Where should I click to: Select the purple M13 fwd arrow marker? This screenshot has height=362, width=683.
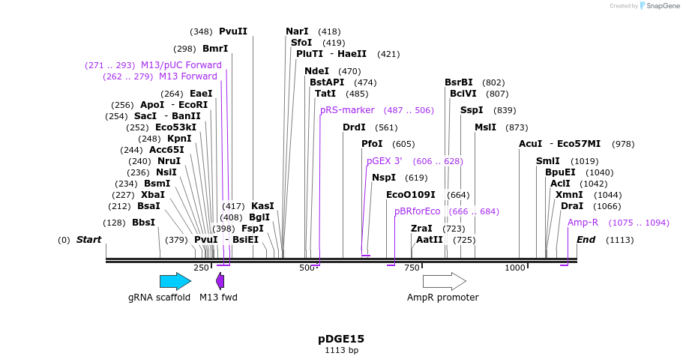(220, 281)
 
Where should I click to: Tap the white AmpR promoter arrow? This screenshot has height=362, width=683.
(444, 281)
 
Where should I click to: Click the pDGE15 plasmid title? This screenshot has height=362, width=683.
(341, 339)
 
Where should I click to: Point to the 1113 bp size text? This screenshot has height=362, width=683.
(341, 350)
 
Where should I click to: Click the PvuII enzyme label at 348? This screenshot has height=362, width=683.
(232, 31)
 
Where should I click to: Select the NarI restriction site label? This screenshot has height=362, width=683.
(297, 31)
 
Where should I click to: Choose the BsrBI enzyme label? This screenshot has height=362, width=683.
(459, 82)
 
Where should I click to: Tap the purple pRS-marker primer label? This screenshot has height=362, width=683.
(347, 110)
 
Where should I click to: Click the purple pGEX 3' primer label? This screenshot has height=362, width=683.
(384, 161)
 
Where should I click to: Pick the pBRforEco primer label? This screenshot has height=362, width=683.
(418, 211)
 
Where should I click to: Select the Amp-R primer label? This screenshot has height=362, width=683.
(583, 223)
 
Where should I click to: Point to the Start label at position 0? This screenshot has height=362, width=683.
(88, 240)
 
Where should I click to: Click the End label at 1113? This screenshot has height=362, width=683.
(586, 240)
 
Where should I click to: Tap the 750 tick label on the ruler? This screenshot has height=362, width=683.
(412, 268)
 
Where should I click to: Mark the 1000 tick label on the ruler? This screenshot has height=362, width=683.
(515, 268)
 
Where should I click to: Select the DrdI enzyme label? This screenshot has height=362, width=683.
(354, 127)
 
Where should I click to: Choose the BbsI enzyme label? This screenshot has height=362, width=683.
(143, 223)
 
